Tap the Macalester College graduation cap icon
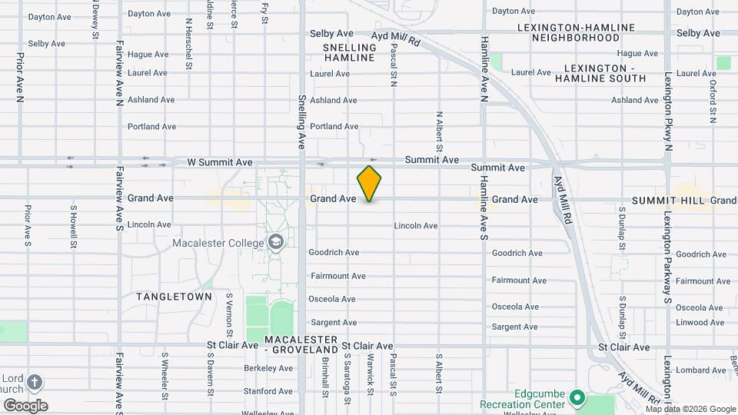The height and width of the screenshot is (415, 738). pos(275,243)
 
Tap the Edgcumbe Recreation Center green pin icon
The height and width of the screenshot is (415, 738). pos(577,399)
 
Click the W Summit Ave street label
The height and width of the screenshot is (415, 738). pos(220,162)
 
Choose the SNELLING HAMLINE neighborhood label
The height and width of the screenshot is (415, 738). pos(350,52)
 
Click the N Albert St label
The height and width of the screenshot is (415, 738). pos(439,131)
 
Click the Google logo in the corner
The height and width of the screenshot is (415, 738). pos(25,405)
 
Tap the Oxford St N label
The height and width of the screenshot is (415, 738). pos(713,101)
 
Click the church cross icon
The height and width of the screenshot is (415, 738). pos(36,382)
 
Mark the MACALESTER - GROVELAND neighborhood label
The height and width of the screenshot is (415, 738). pos(301,344)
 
